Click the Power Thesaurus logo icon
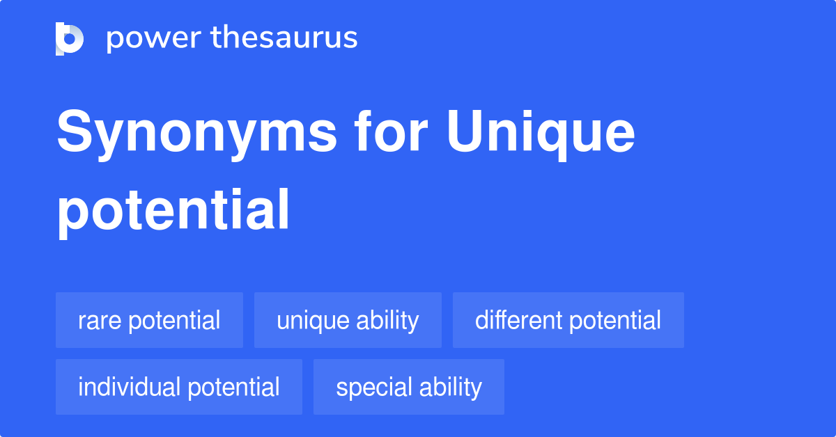(x=70, y=38)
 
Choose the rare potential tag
(x=149, y=320)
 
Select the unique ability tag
(x=348, y=320)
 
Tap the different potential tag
(x=568, y=320)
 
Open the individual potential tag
(x=178, y=387)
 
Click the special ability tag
(x=408, y=387)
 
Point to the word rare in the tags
(x=100, y=321)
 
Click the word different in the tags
(x=519, y=320)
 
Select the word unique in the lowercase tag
(x=311, y=321)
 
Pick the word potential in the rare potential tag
(x=174, y=321)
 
